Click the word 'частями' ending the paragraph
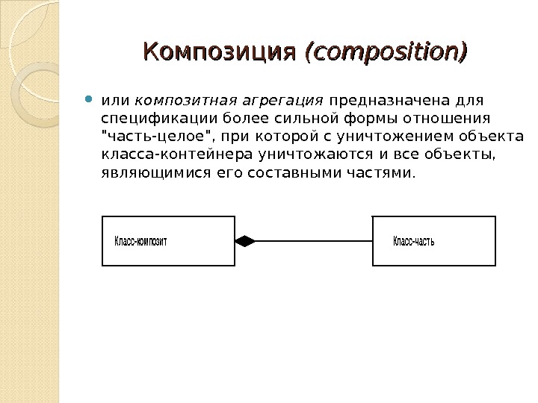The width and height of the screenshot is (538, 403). pos(384,174)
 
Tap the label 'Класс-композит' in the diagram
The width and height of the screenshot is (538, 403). pos(140,241)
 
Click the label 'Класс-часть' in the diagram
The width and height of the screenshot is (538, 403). pos(413,241)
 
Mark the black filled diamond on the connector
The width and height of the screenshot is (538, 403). pos(245,241)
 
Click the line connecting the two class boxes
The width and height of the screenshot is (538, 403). pos(314,241)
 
